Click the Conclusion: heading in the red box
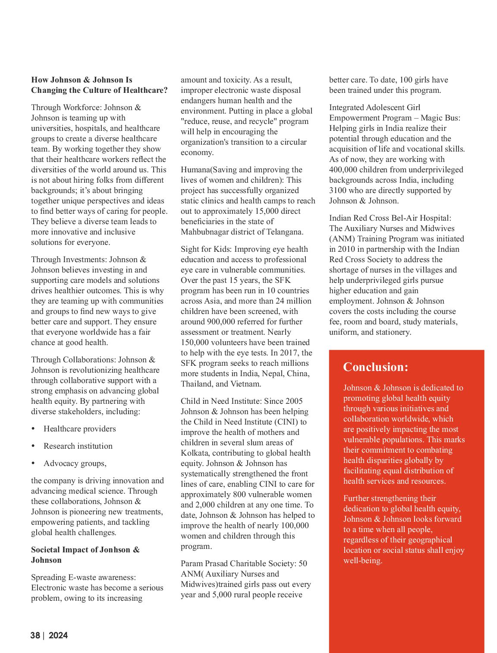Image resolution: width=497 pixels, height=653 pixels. click(x=375, y=367)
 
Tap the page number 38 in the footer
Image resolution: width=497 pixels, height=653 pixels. click(x=35, y=635)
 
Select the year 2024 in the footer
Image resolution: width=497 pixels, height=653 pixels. click(x=58, y=635)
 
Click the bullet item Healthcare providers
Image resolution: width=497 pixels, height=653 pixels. click(x=80, y=429)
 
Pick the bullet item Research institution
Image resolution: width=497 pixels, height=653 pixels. click(x=78, y=446)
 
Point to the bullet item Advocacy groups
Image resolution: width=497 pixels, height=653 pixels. click(x=75, y=463)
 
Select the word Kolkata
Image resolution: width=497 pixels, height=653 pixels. click(x=194, y=453)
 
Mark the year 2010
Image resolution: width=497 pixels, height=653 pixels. click(x=348, y=249)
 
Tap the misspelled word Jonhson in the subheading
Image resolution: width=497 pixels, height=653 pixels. click(x=115, y=550)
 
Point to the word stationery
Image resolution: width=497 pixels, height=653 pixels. click(x=392, y=332)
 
